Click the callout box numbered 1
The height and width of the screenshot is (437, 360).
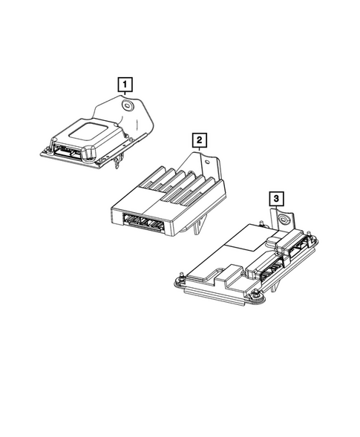click(126, 84)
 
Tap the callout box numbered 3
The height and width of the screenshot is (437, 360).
click(276, 198)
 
